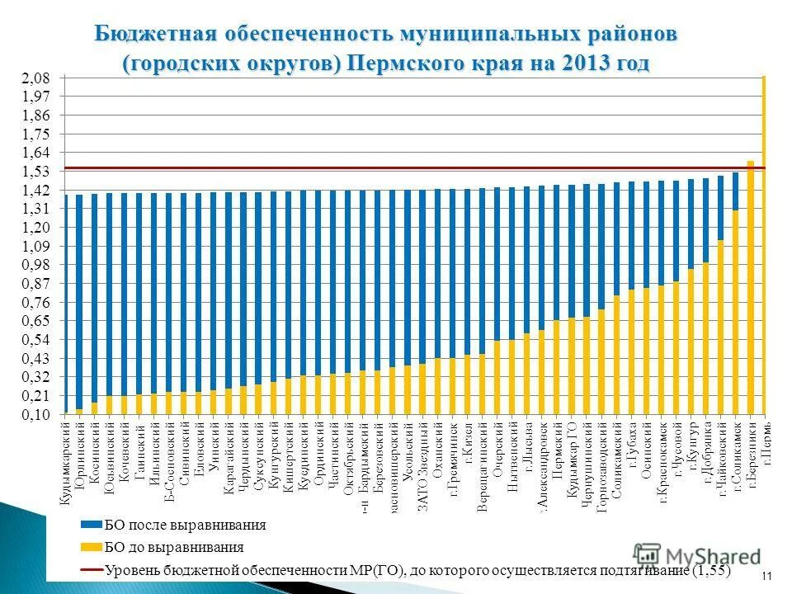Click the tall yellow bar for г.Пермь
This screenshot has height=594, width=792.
pyautogui.click(x=764, y=247)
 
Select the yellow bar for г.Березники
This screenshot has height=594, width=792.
pyautogui.click(x=750, y=289)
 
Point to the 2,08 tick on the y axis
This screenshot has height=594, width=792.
pyautogui.click(x=36, y=78)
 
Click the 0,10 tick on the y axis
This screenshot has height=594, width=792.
pyautogui.click(x=36, y=414)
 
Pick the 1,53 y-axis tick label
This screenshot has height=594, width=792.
pyautogui.click(x=36, y=172)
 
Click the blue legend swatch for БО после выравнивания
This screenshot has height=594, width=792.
pyautogui.click(x=90, y=525)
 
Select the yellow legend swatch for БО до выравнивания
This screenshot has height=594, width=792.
pyautogui.click(x=90, y=547)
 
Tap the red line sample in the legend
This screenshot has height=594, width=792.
pyautogui.click(x=90, y=569)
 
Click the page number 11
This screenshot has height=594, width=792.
pyautogui.click(x=766, y=576)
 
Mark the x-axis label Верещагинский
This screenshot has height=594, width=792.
pyautogui.click(x=482, y=465)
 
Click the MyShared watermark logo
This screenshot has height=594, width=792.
pyautogui.click(x=697, y=556)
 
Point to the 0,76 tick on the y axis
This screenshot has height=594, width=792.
pyautogui.click(x=36, y=302)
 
